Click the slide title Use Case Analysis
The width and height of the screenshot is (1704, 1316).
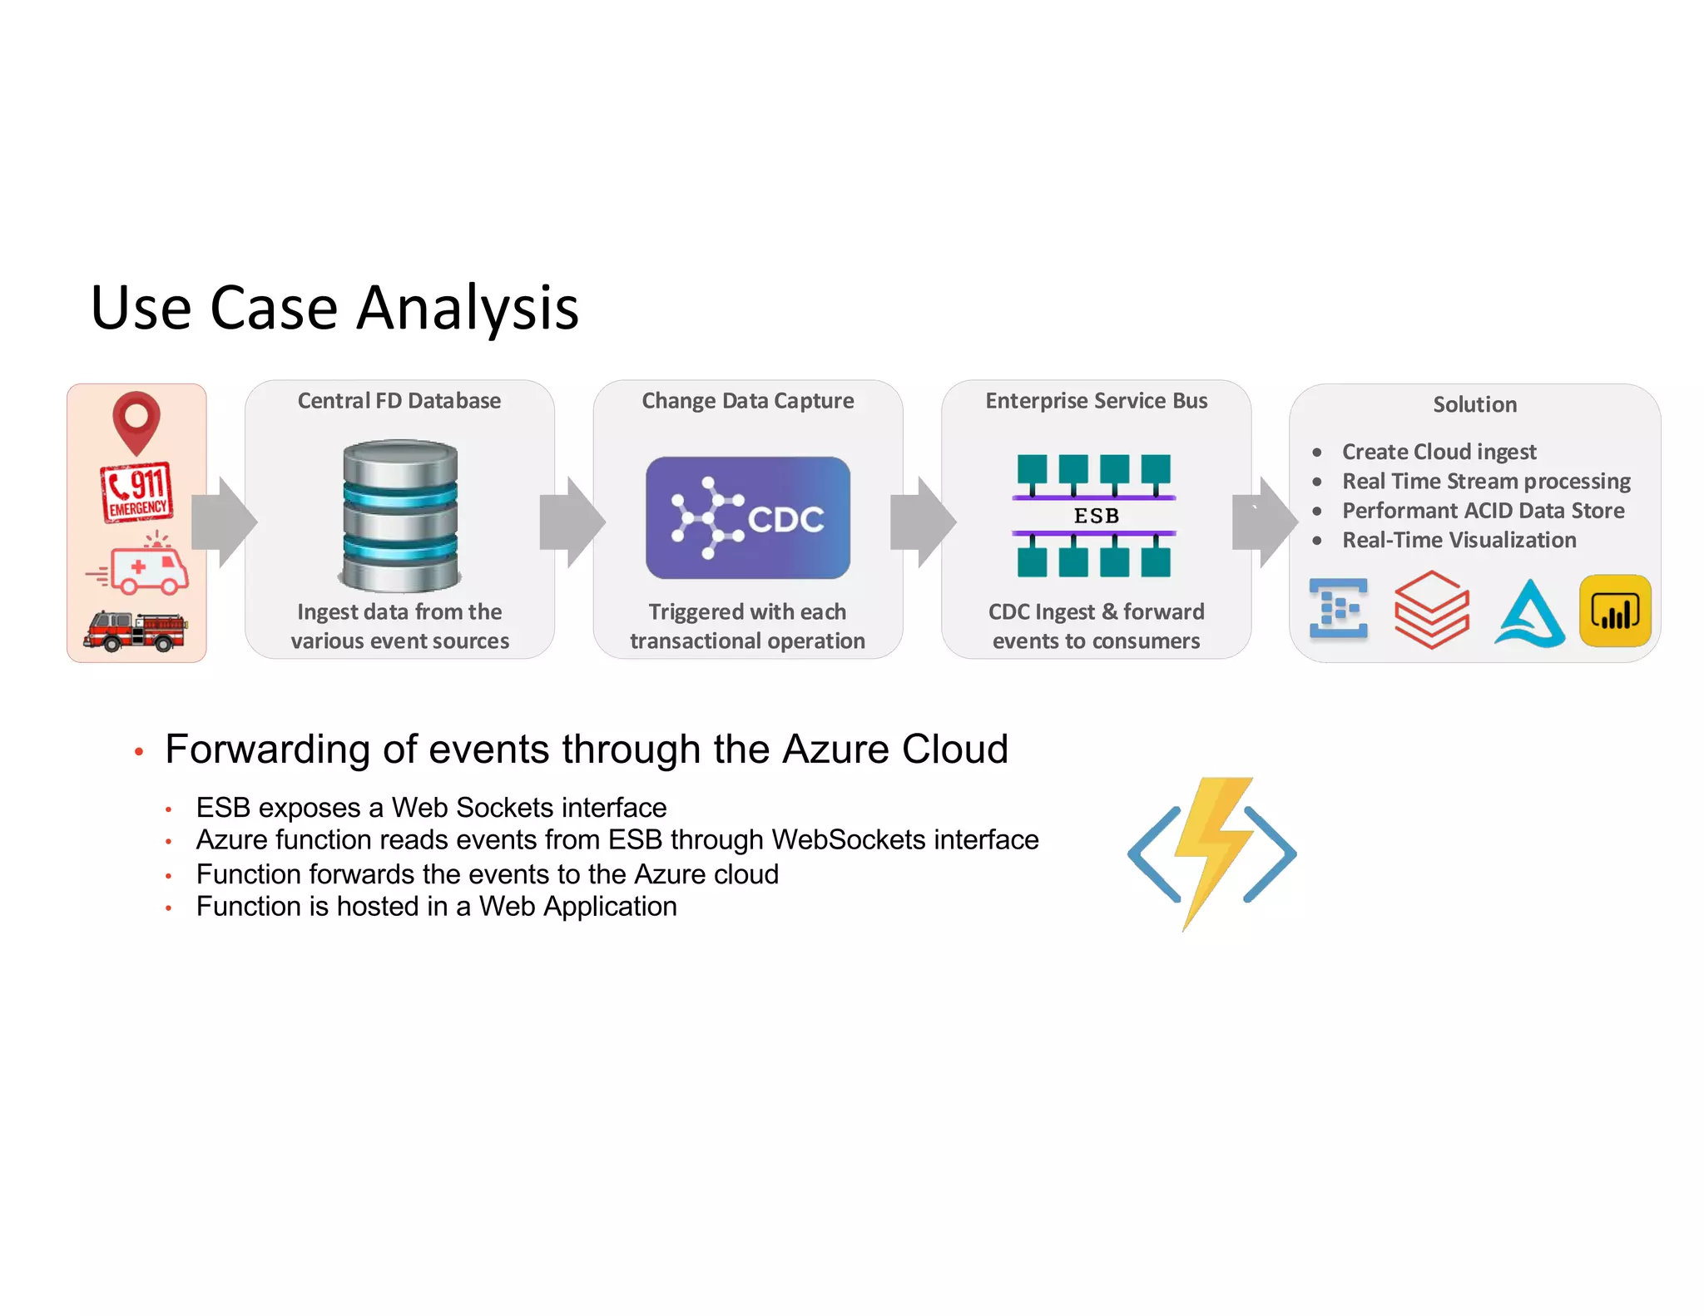[x=334, y=308]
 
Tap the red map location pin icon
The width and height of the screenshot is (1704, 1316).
[x=136, y=420]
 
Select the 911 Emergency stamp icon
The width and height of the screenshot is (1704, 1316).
[x=137, y=492]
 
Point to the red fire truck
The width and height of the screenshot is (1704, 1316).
[x=136, y=631]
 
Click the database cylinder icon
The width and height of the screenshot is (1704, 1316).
[x=400, y=516]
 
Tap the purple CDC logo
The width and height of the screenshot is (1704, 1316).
[x=747, y=517]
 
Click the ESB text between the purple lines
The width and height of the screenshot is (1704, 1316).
[x=1096, y=516]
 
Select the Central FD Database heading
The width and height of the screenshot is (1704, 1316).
[x=399, y=401]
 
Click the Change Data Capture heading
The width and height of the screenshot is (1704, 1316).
[x=747, y=401]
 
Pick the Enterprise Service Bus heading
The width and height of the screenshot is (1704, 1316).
[x=1096, y=401]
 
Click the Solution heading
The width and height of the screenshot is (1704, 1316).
[x=1474, y=405]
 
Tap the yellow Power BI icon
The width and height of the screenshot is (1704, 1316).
[x=1614, y=611]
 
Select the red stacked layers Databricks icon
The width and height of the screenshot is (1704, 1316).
[x=1431, y=610]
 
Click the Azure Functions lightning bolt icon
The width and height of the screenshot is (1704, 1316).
[x=1211, y=852]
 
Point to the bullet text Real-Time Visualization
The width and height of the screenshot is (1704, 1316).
[x=1459, y=540]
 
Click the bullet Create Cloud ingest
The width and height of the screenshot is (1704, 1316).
[x=1439, y=452]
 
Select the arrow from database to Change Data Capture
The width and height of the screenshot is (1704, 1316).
[x=572, y=522]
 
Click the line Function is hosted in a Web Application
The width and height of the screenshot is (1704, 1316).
[x=436, y=907]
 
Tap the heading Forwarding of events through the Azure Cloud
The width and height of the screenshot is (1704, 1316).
[x=587, y=750]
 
